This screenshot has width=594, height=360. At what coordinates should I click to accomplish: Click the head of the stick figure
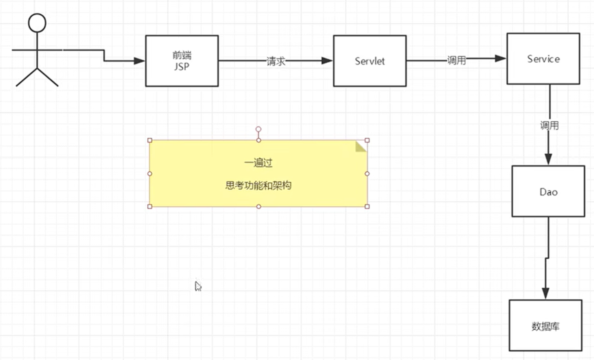pyautogui.click(x=37, y=23)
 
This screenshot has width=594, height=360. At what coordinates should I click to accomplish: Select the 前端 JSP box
pyautogui.click(x=182, y=61)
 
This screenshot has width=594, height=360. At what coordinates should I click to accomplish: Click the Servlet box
pyautogui.click(x=369, y=61)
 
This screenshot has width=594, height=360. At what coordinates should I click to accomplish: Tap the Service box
pyautogui.click(x=543, y=59)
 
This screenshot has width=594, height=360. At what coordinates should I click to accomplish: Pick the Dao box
pyautogui.click(x=548, y=191)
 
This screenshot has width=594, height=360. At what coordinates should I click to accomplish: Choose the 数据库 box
pyautogui.click(x=545, y=326)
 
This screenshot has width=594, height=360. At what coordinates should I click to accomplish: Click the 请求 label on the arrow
pyautogui.click(x=276, y=61)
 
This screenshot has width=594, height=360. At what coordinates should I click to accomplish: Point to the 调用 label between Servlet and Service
pyautogui.click(x=456, y=60)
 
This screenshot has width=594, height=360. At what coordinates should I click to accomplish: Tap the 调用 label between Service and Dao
pyautogui.click(x=549, y=125)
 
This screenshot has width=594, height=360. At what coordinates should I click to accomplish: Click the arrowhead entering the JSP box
pyautogui.click(x=139, y=61)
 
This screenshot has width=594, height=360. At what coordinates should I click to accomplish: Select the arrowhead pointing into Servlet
pyautogui.click(x=327, y=61)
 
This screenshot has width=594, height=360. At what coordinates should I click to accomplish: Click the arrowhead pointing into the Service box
pyautogui.click(x=501, y=59)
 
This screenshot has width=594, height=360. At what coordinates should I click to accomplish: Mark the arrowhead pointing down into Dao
pyautogui.click(x=548, y=159)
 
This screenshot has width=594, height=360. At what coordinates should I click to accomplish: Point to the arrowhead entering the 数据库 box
pyautogui.click(x=545, y=293)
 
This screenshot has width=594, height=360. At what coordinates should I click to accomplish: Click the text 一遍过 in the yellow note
pyautogui.click(x=258, y=163)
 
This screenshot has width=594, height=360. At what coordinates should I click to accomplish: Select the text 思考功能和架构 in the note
pyautogui.click(x=258, y=185)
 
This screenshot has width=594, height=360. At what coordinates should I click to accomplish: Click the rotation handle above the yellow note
pyautogui.click(x=258, y=130)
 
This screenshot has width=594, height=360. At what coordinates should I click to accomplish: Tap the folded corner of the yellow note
pyautogui.click(x=361, y=146)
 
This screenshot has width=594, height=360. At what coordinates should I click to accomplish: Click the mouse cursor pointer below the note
pyautogui.click(x=198, y=286)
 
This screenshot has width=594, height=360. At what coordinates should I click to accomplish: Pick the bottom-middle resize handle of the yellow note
pyautogui.click(x=258, y=206)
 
